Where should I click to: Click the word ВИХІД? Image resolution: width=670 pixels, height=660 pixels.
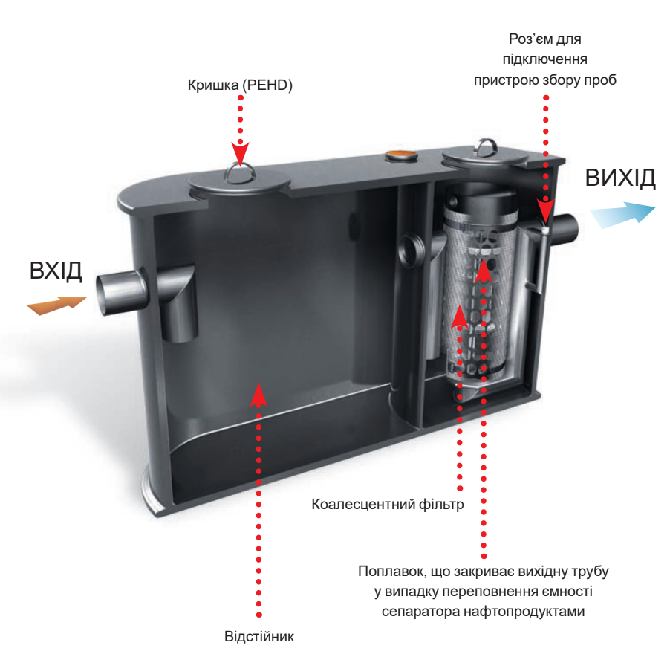pyautogui.click(x=620, y=178)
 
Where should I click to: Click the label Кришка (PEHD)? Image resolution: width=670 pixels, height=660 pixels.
pyautogui.click(x=241, y=85)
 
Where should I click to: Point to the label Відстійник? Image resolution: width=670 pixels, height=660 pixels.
pyautogui.click(x=259, y=637)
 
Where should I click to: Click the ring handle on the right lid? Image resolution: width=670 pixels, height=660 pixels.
pyautogui.click(x=487, y=146)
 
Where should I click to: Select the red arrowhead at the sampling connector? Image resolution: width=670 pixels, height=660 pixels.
pyautogui.click(x=547, y=213)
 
